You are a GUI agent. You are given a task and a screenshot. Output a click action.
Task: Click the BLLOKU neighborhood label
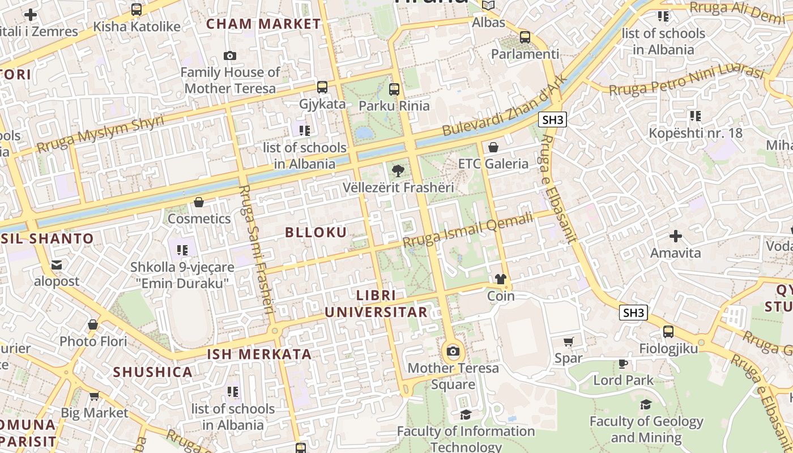click(x=316, y=232)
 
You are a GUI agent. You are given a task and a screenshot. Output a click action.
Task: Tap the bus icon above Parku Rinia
click(x=394, y=89)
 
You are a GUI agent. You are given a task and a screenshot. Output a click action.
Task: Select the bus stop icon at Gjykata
click(x=322, y=87)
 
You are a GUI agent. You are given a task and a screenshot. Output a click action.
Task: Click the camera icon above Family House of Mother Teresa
click(x=229, y=55)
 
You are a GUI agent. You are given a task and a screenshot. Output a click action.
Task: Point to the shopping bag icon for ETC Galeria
click(x=493, y=147)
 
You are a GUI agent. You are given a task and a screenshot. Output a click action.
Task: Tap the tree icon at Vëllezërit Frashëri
click(x=398, y=170)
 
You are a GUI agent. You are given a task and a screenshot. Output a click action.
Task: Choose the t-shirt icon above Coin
click(x=501, y=279)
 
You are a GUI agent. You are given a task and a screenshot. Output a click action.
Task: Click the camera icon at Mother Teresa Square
click(x=453, y=351)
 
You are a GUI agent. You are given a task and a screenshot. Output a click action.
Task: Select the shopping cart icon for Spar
click(x=569, y=341)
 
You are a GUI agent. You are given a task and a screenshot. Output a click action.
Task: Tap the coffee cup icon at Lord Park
click(x=623, y=364)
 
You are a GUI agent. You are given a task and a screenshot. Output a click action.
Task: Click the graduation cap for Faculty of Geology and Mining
click(x=646, y=404)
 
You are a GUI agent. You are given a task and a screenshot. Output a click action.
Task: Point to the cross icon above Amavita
click(x=675, y=236)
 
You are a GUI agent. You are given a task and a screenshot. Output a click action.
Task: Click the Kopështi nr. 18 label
click(x=695, y=133)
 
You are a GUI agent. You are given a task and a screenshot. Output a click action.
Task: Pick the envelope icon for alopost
click(x=57, y=264)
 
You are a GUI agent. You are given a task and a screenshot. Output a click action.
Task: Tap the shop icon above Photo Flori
click(x=93, y=324)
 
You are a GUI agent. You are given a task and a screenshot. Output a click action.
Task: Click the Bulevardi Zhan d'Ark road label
click(x=504, y=106)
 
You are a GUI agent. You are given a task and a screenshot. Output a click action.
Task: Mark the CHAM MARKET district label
click(x=263, y=24)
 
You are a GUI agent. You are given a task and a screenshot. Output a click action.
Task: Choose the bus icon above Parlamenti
click(x=525, y=37)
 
